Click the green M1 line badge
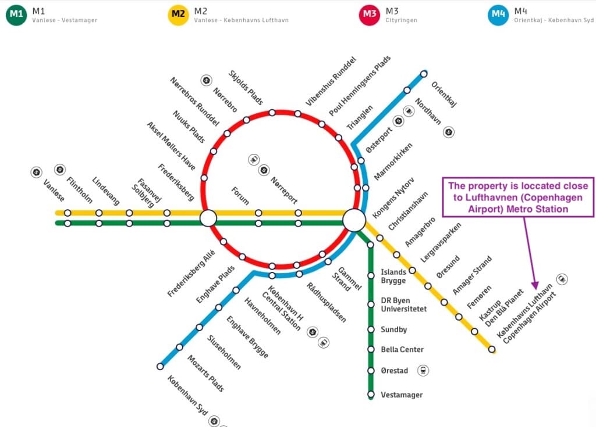pos(16,15)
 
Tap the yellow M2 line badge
pos(178,15)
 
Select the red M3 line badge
pos(370,15)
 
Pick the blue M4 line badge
pos(498,15)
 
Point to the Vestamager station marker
pos(371,394)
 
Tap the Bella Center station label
pos(402,349)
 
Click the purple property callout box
pos(518,197)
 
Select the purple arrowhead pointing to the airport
pos(535,285)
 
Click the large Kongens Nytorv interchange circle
pos(354,220)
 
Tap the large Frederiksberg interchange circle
pos(208,218)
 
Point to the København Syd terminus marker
pos(160,367)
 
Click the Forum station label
pos(240,196)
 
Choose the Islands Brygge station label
pos(393,277)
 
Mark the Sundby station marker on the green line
pos(371,329)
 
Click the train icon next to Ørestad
pos(423,371)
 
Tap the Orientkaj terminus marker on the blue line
pos(424,74)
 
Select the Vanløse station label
pos(54,191)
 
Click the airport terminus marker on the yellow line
pos(492,349)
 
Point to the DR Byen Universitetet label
pos(404,305)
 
